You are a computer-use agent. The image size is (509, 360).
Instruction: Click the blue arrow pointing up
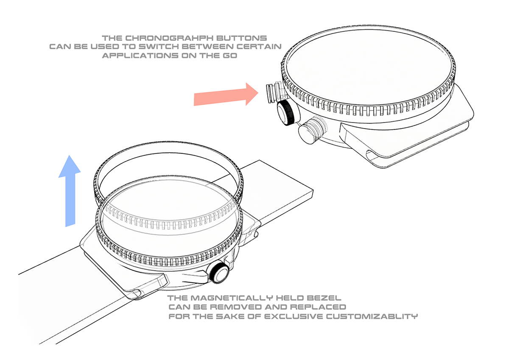pos(70,191)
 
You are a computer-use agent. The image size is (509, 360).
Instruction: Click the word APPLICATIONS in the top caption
pos(140,56)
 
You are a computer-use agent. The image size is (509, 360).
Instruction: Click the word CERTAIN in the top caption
pos(259,47)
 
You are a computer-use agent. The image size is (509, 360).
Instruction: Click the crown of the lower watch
pos(218,272)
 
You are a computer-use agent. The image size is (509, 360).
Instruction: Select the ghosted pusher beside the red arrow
pos(274,92)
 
